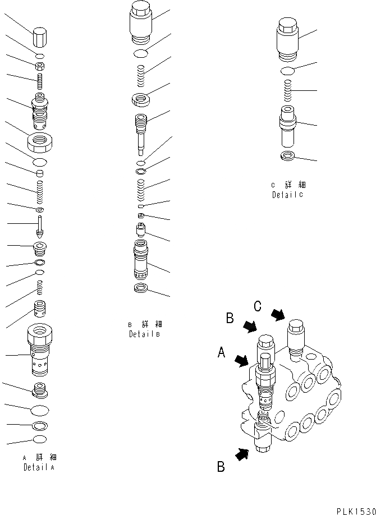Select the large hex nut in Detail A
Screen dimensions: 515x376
[x=40, y=140]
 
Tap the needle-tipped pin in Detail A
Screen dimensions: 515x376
[x=39, y=225]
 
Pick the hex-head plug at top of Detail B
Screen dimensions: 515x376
[x=141, y=21]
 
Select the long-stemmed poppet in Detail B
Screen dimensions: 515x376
[x=140, y=132]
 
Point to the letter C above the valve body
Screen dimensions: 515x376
[x=258, y=306]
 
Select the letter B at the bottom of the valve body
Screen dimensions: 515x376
[x=221, y=467]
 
